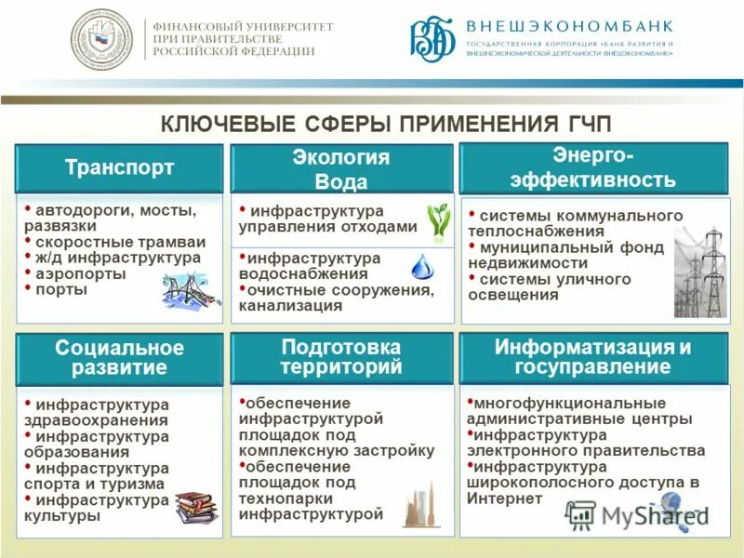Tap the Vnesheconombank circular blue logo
[432, 39]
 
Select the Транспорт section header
[119, 168]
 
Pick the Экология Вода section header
[341, 169]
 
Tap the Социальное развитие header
[119, 358]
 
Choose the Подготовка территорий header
[341, 356]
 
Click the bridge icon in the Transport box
[190, 289]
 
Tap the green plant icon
[438, 221]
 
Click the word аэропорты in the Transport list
[75, 274]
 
